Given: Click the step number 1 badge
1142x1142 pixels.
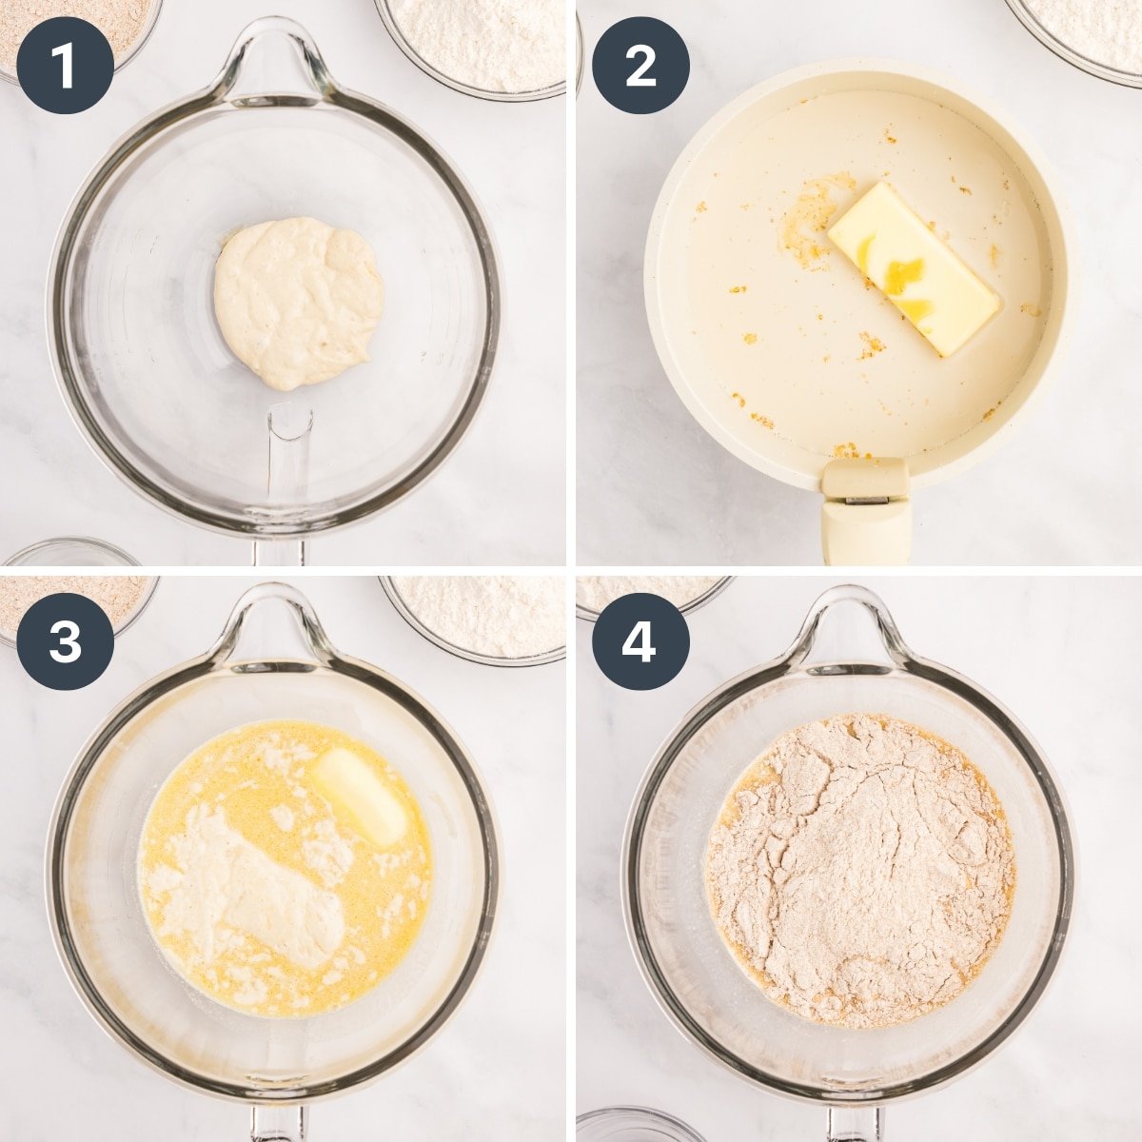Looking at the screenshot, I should [65, 66].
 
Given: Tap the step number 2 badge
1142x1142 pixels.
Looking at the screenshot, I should [640, 66].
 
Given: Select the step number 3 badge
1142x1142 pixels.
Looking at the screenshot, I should [65, 641].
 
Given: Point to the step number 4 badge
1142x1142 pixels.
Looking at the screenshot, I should [640, 641].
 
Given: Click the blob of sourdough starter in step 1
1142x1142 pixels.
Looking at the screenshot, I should [297, 303].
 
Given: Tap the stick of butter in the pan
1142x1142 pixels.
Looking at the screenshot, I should [914, 268].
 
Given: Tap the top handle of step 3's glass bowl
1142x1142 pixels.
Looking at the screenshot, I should [273, 623].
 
